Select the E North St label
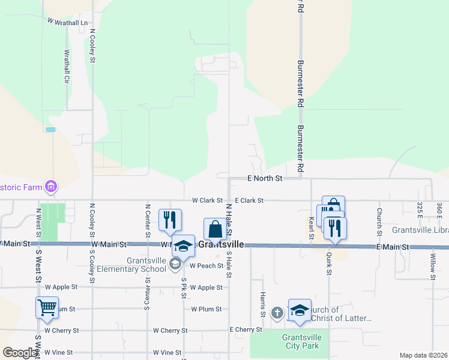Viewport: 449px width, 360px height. pos(265,178)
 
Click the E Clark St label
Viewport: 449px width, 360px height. pos(249,200)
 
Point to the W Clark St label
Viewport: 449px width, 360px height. pos(207,200)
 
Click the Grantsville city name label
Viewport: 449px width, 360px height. pos(221,245)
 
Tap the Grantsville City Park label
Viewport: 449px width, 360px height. pos(302,341)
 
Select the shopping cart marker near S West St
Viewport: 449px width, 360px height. pos(47,308)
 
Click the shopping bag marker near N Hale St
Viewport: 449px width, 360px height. pos(215,229)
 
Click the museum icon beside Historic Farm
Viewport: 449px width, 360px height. pos(52,187)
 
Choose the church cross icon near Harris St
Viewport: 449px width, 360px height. pos(277,313)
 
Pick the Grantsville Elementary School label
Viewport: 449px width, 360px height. pos(146,265)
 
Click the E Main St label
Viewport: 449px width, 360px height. pos(393,247)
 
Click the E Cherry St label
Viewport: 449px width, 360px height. pos(246,330)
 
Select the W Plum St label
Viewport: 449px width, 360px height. pos(206,309)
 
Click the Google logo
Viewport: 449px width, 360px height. pos(19,353)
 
